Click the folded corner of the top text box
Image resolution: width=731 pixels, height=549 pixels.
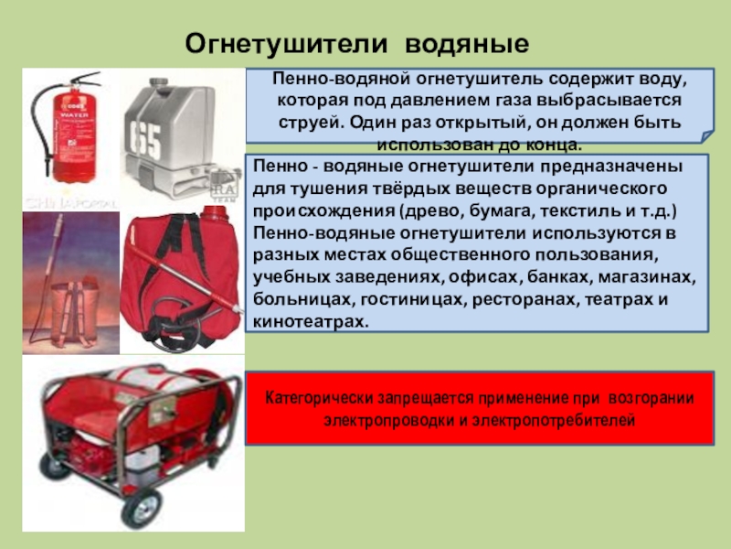[706, 136]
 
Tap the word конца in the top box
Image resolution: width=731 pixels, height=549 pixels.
[554, 145]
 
